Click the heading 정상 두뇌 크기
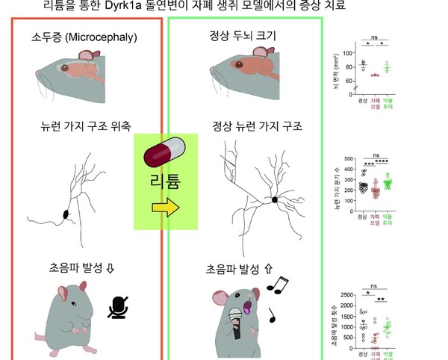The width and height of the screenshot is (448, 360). pyautogui.click(x=240, y=36)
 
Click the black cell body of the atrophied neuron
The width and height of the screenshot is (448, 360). pyautogui.click(x=65, y=215)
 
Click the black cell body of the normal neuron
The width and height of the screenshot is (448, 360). pyautogui.click(x=276, y=199)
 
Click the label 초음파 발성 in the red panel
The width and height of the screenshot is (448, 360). pyautogui.click(x=67, y=267)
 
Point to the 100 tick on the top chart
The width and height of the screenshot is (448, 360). pyautogui.click(x=347, y=54)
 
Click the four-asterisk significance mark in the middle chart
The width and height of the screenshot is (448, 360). pyautogui.click(x=382, y=162)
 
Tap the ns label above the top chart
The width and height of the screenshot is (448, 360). pyautogui.click(x=376, y=36)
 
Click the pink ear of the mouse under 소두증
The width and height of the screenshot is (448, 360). pyautogui.click(x=87, y=55)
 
